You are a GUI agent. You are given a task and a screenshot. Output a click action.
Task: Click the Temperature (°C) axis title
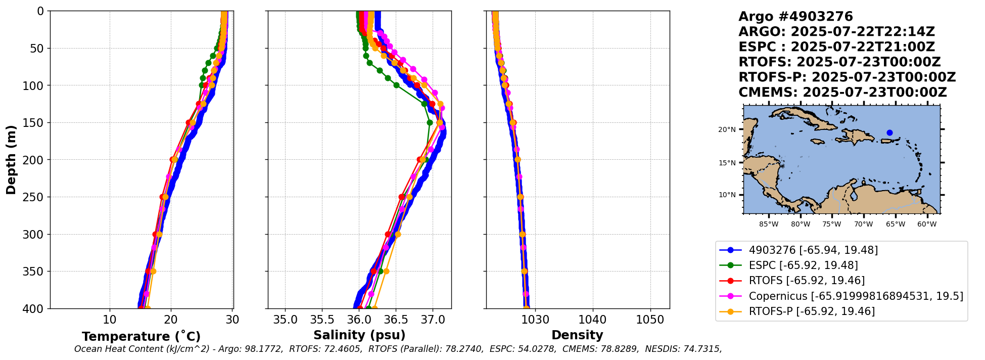click(141, 337)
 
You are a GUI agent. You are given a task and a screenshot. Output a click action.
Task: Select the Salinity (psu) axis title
click(359, 335)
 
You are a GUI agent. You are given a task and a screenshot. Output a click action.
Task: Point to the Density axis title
click(577, 335)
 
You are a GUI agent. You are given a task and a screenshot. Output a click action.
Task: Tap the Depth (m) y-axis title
click(11, 160)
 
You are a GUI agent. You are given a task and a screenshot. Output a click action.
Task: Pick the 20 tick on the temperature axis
click(171, 320)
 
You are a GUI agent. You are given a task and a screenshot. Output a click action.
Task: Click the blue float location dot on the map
click(889, 133)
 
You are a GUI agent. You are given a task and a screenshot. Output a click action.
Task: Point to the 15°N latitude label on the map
click(727, 163)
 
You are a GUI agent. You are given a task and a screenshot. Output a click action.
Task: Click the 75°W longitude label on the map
click(831, 224)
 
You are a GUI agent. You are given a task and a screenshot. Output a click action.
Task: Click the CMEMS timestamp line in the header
click(842, 93)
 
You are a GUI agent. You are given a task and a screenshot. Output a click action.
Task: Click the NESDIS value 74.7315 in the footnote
click(703, 349)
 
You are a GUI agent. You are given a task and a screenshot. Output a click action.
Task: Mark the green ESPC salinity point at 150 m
click(430, 122)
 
